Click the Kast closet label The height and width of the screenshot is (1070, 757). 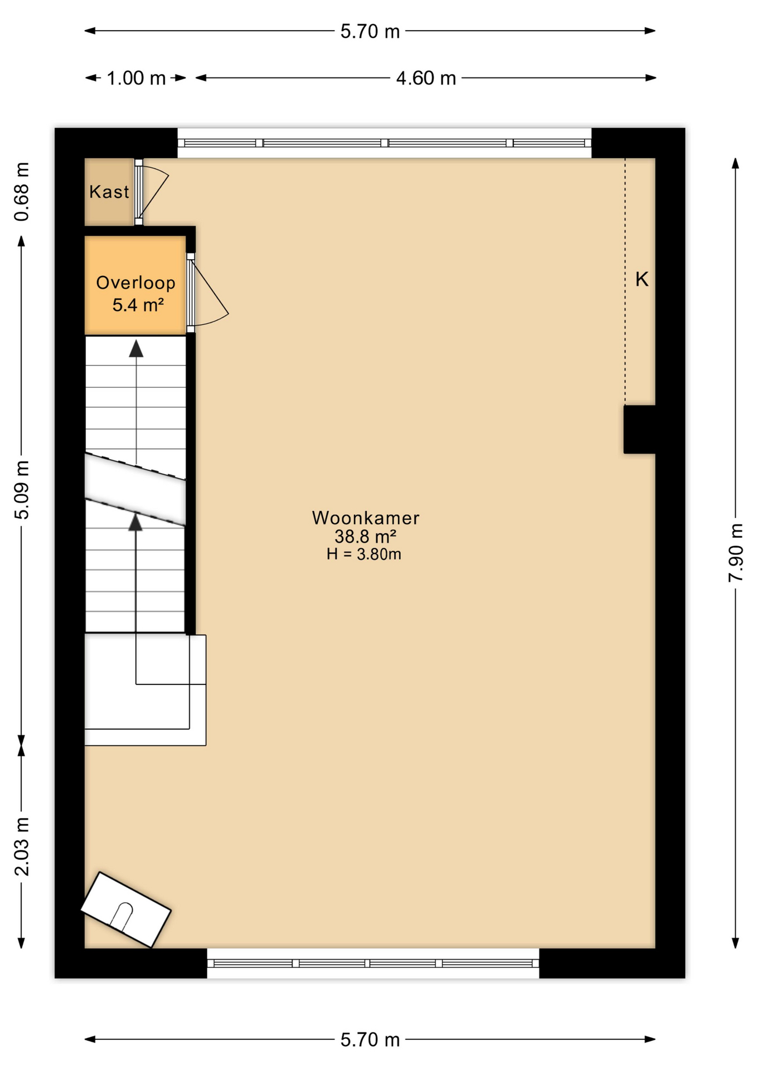point(109,192)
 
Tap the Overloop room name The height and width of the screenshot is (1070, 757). point(135,283)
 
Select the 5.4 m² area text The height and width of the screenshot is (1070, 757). point(138,305)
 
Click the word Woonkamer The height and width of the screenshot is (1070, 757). point(365,518)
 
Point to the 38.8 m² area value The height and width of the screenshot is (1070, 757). point(365,537)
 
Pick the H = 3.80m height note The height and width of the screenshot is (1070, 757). point(364,554)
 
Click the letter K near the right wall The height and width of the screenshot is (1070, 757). point(642,279)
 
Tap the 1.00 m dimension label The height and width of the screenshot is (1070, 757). point(136,78)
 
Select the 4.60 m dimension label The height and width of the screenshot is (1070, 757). point(426,78)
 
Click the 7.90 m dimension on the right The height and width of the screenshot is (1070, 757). point(736,552)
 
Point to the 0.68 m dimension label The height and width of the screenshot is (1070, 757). point(21,192)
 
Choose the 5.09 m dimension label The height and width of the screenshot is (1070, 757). point(21,490)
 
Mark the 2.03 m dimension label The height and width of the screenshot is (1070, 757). point(21,847)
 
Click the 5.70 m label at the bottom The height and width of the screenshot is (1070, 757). point(370,1040)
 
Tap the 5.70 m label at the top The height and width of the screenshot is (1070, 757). point(370,31)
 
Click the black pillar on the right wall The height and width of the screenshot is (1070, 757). point(639,429)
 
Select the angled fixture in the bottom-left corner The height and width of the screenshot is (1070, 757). point(125,909)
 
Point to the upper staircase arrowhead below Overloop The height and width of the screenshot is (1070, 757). point(136,349)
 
